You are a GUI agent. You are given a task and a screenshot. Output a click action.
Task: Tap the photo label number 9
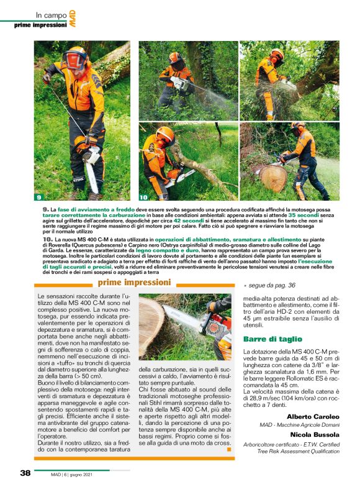coord(38,198)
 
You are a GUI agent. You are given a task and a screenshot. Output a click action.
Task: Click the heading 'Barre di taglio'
coord(268,340)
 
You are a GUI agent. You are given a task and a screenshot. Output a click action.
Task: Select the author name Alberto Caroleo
coord(313,416)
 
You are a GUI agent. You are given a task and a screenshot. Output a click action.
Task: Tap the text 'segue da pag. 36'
coord(272,286)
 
